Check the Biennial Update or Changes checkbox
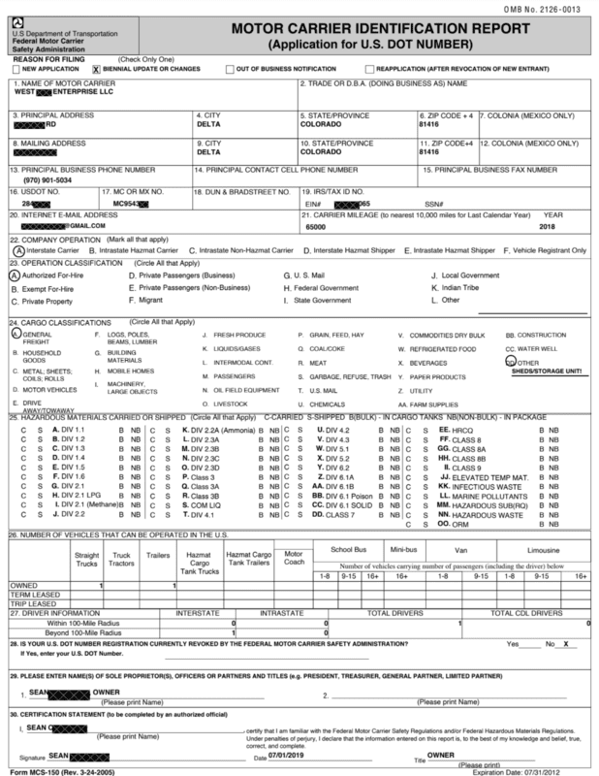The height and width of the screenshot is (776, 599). point(95,70)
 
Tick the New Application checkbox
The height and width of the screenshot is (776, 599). point(16,70)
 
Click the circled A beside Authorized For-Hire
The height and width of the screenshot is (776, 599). point(14,275)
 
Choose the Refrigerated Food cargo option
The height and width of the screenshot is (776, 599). point(444,347)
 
